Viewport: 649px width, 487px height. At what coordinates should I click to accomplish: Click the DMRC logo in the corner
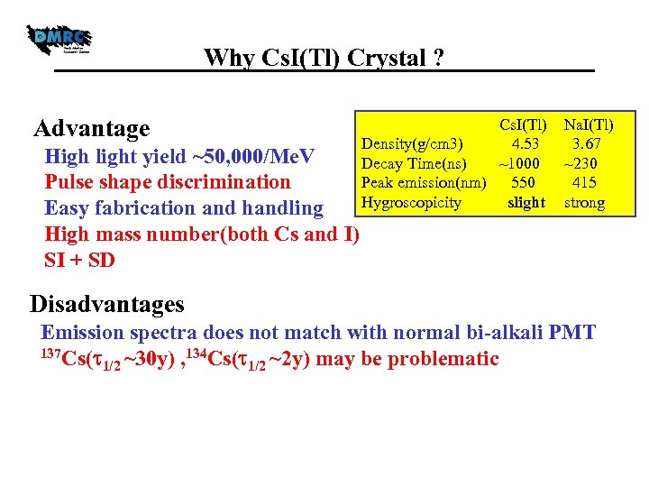(x=59, y=41)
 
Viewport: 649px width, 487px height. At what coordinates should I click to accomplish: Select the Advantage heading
(x=91, y=129)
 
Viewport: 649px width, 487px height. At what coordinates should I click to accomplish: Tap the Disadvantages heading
(x=106, y=304)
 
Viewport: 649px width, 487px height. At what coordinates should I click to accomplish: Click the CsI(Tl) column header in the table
(x=524, y=124)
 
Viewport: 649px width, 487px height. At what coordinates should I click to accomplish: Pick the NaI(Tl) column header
(x=588, y=124)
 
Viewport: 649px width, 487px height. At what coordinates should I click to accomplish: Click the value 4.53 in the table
(x=525, y=143)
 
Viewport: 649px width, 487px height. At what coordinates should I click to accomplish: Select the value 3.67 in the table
(x=586, y=143)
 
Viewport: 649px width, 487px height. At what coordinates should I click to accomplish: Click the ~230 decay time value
(x=584, y=163)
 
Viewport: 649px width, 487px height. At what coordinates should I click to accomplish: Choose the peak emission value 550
(x=523, y=183)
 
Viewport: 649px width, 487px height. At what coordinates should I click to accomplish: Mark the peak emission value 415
(x=584, y=183)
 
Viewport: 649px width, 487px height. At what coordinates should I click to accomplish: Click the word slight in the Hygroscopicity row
(x=526, y=203)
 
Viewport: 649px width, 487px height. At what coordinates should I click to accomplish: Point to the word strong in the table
(x=584, y=203)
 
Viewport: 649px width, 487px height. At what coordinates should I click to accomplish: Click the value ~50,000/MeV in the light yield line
(x=253, y=157)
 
